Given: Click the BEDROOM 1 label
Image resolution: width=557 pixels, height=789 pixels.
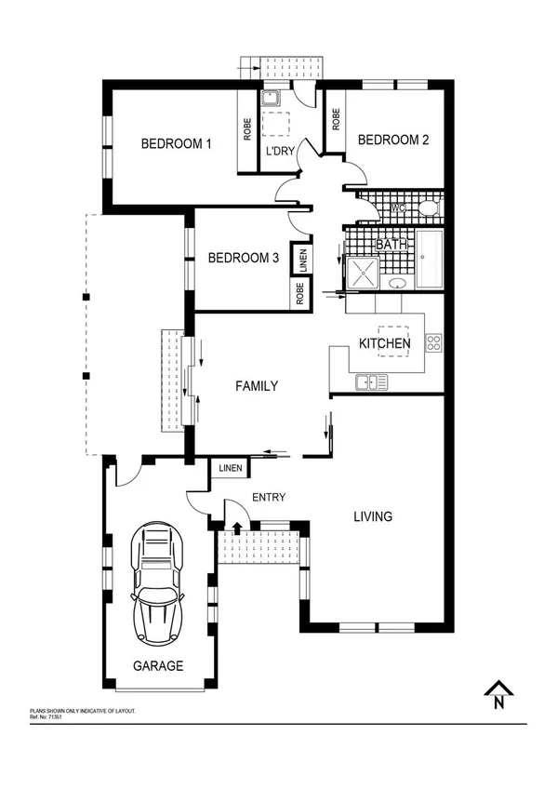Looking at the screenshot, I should coord(177,143).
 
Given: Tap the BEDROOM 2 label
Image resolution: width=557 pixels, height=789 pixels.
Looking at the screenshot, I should coord(393,140).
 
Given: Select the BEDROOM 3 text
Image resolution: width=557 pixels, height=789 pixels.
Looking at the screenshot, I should coord(244,258).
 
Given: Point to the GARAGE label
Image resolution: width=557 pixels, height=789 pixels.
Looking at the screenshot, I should coord(157,666).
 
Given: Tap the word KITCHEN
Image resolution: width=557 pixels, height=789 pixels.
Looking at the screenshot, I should coord(385,343).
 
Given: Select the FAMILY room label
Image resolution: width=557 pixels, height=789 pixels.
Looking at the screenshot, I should coord(257,385).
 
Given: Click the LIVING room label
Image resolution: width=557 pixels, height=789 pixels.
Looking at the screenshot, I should coord(373,516).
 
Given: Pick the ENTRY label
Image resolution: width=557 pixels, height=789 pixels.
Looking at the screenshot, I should coord(269,498).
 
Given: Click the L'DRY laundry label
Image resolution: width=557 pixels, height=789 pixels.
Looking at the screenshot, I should coord(280,152).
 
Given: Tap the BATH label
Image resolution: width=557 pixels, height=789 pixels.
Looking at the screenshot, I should coord(391,245).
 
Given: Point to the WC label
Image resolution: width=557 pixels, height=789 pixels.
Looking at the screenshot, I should coord(397,207).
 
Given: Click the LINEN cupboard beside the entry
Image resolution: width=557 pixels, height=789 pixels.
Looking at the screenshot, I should coord(231,468).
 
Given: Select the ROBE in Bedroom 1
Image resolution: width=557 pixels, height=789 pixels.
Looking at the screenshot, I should coord(247,129).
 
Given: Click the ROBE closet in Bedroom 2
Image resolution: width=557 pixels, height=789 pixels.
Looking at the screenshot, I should coord(335,120).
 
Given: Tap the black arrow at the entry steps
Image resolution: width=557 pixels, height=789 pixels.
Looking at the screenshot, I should coord(237,528).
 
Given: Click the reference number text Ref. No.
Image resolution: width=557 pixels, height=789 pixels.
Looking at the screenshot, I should coord(46,716).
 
